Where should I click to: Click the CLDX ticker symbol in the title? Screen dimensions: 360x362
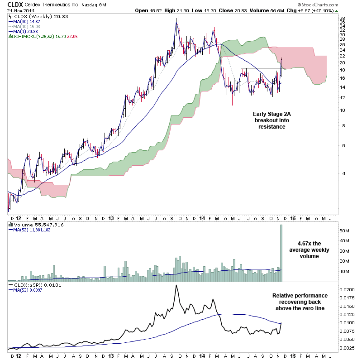tap(11, 5)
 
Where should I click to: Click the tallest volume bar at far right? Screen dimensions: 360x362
tap(281, 254)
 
